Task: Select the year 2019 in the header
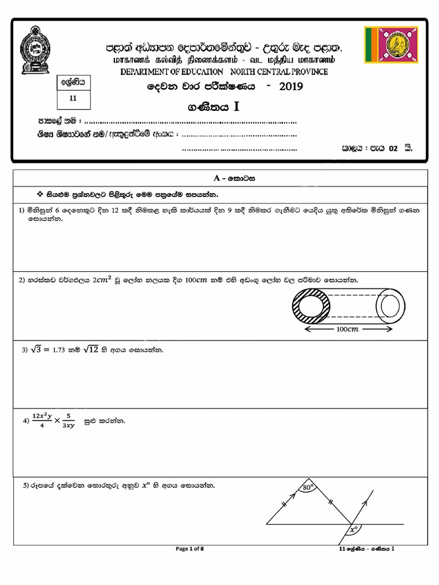[x=290, y=87]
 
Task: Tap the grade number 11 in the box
[x=72, y=98]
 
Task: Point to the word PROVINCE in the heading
[x=308, y=71]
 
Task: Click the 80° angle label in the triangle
[x=309, y=488]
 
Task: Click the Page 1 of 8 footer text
[x=190, y=549]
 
